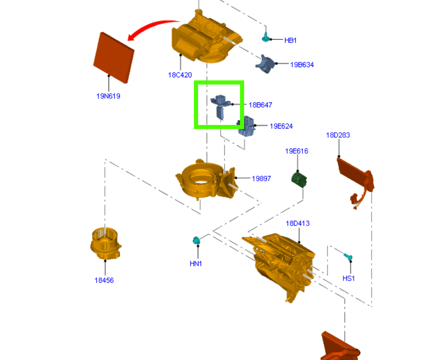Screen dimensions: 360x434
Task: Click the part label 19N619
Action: (108, 96)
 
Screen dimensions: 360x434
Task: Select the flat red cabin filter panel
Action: (114, 57)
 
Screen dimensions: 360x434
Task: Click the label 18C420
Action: (180, 75)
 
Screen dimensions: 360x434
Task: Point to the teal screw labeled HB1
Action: (266, 36)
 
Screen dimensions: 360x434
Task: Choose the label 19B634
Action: (302, 65)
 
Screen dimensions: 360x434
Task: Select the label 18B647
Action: (261, 105)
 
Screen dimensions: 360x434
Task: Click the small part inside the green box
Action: (221, 106)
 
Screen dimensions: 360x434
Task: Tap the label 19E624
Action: (281, 126)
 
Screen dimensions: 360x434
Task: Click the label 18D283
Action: (338, 135)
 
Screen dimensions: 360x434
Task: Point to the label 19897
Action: (261, 179)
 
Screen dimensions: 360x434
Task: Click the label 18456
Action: (104, 280)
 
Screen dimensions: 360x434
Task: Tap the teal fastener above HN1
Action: (196, 240)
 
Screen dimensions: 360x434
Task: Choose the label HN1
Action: (196, 263)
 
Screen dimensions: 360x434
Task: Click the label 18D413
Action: (297, 223)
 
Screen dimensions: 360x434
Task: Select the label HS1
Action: (349, 279)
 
